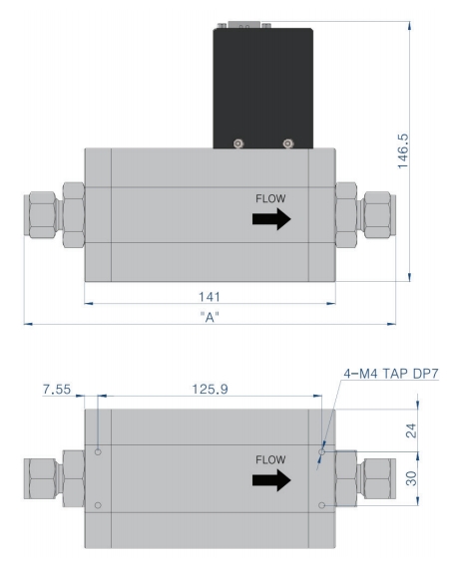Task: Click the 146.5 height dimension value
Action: point(403,151)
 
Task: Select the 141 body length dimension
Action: point(210,297)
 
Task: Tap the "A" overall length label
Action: point(210,317)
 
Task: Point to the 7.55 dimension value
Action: point(57,390)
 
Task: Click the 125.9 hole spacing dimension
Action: point(210,389)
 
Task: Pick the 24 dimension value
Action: point(411,430)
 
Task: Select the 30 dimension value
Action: point(411,478)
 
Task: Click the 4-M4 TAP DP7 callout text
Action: point(391,374)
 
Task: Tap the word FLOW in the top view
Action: point(270,198)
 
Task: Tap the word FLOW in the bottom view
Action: point(270,459)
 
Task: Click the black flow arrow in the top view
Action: point(271,218)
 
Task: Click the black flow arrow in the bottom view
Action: point(271,480)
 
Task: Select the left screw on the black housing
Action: point(238,143)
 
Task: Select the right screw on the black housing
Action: point(287,143)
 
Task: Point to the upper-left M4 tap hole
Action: point(98,451)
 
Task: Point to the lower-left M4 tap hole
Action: point(98,505)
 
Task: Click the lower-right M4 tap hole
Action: point(322,505)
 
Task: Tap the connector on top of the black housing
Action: point(244,25)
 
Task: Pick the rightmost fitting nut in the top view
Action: point(378,215)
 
